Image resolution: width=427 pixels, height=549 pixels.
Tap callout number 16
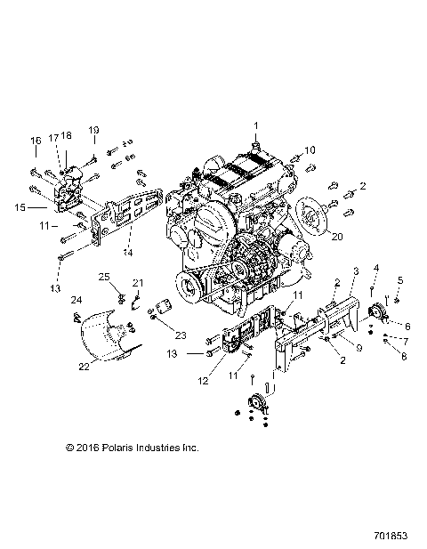(36, 141)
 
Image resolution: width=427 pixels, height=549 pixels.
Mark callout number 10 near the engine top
(310, 149)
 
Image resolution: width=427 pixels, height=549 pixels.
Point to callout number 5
(399, 280)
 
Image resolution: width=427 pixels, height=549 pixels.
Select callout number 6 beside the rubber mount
(407, 327)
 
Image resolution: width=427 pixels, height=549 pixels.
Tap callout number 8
(406, 356)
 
